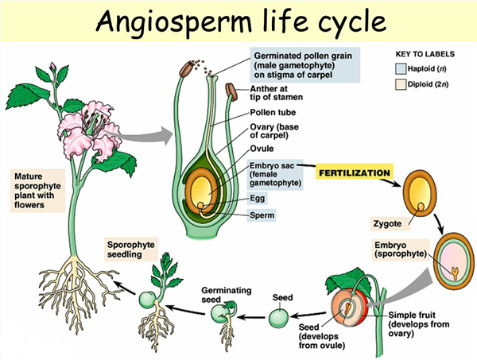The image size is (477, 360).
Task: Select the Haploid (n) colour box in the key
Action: coord(402,70)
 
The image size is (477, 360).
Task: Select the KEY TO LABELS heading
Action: coord(426,55)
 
